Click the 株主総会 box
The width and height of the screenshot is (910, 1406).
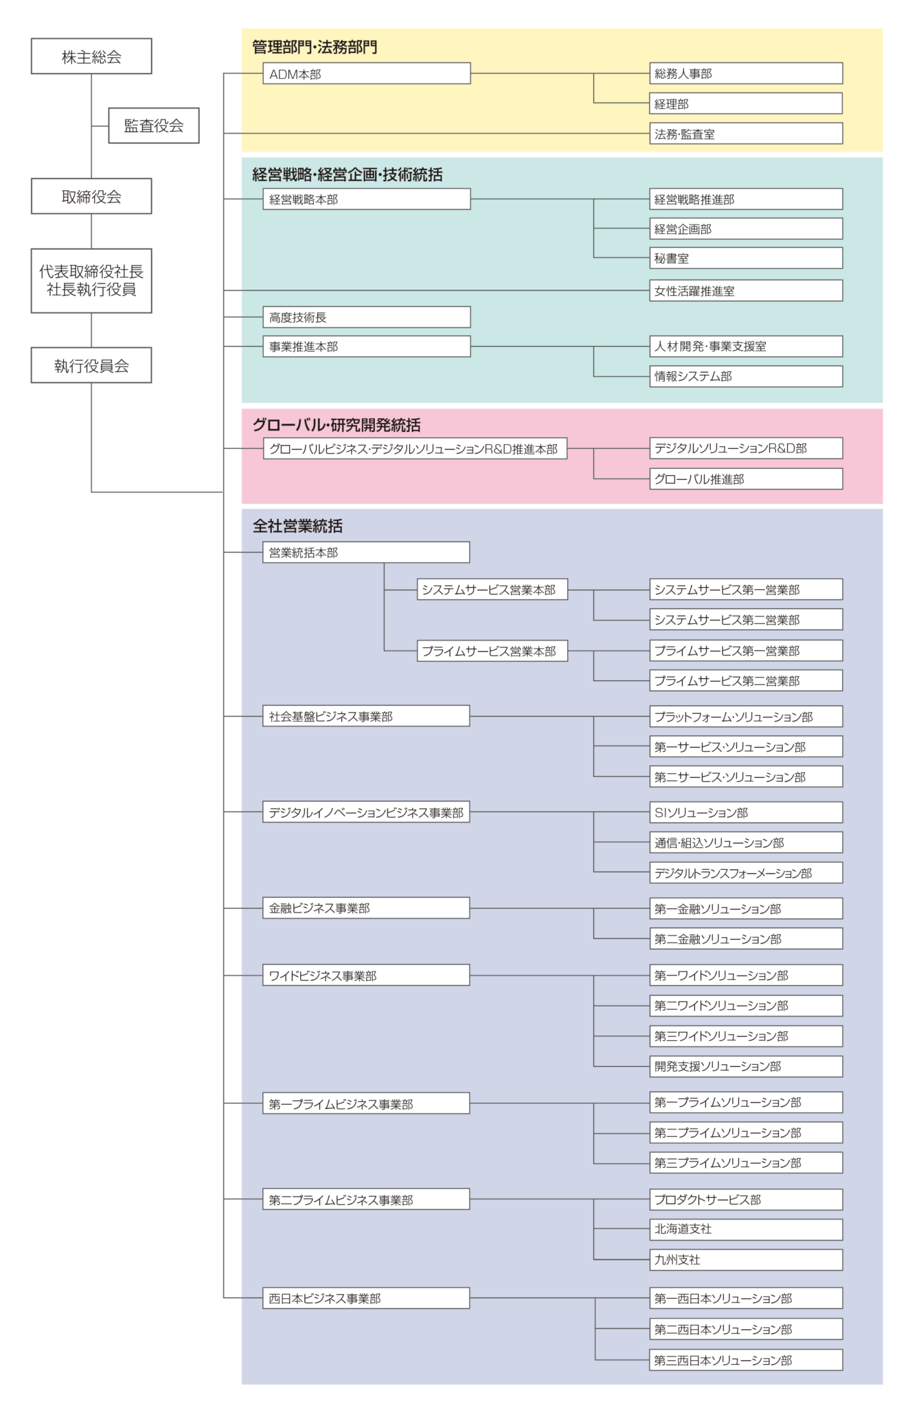(91, 56)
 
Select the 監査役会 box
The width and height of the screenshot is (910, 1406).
(154, 126)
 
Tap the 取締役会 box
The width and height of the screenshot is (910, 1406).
(91, 196)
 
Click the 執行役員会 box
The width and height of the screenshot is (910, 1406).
(91, 365)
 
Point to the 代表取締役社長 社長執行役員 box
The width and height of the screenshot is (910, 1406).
(91, 281)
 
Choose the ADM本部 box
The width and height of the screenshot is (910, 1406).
(367, 73)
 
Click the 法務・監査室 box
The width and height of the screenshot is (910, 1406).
(746, 134)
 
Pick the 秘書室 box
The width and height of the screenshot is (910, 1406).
(746, 258)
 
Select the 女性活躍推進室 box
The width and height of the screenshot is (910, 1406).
(746, 290)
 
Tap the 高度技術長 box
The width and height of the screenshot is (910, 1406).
(367, 317)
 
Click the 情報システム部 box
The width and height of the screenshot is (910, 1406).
(746, 376)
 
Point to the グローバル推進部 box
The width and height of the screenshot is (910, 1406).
(746, 479)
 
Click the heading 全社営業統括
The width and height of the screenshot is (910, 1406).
(297, 526)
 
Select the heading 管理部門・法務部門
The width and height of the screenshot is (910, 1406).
(315, 47)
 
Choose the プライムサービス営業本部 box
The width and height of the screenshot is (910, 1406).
(492, 651)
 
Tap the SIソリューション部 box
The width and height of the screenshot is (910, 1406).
(746, 812)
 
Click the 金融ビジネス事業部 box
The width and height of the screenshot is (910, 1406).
(366, 908)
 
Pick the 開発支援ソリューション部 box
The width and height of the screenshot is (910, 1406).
(746, 1066)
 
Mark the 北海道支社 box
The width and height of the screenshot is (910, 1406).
(746, 1229)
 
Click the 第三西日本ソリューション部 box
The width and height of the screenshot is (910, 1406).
(746, 1360)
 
